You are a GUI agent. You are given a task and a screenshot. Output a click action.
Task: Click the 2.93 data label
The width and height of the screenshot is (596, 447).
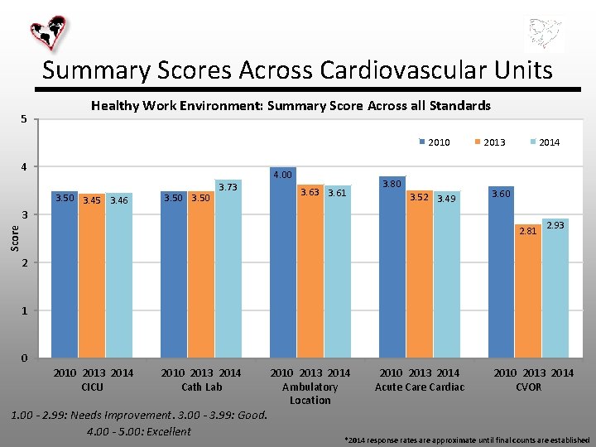(x=555, y=226)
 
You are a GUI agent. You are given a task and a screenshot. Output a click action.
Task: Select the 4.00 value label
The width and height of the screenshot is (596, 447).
(x=282, y=175)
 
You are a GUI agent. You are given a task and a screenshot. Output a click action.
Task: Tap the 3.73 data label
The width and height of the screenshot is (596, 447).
(x=228, y=188)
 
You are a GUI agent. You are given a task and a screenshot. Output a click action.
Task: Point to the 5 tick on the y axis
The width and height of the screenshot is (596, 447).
(x=24, y=119)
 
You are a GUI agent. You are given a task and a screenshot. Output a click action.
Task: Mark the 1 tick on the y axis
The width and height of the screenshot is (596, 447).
(x=24, y=310)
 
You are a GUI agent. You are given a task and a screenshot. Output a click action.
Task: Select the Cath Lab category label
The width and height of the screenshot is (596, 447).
(x=202, y=387)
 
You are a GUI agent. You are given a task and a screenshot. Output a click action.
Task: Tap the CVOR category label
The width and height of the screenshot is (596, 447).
(x=529, y=387)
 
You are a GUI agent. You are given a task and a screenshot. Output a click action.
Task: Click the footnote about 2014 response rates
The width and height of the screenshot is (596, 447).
(x=467, y=439)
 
